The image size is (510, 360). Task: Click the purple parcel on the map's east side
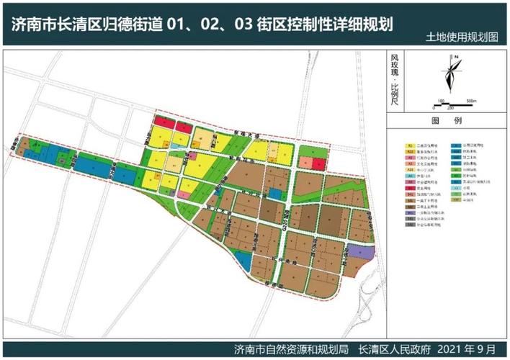[x=365, y=253]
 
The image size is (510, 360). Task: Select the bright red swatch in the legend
[x=409, y=189]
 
